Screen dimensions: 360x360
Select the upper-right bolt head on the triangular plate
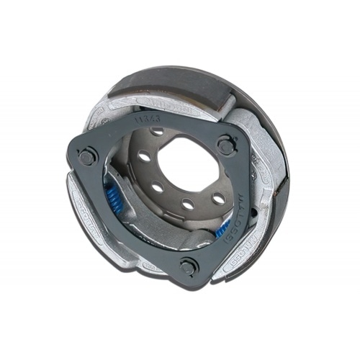(x=226, y=145)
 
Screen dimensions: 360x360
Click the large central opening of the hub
(x=189, y=167)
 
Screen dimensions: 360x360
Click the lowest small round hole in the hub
(x=189, y=205)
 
